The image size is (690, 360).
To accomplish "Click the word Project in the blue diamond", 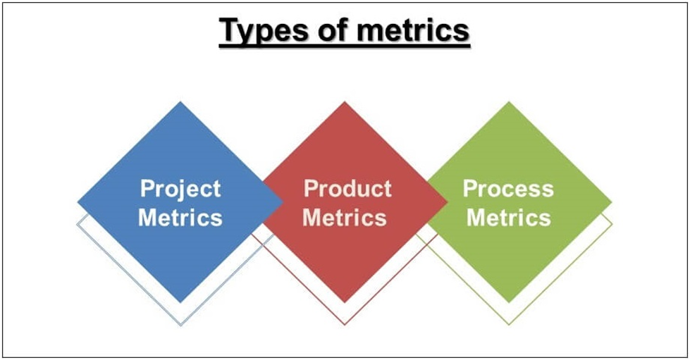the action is [180, 189].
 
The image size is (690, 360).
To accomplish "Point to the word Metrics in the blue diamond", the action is [180, 217].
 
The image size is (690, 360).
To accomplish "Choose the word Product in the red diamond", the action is [347, 189].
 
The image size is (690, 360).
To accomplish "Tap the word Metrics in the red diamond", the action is [345, 217].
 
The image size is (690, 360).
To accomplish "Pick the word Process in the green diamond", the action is [508, 189].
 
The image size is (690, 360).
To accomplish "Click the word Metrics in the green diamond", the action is [508, 217].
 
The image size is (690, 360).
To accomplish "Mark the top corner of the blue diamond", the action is [180, 102].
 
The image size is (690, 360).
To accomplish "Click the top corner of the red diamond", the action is [345, 102].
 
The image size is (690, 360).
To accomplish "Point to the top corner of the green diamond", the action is [509, 102].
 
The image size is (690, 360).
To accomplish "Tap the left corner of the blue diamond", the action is [78, 202].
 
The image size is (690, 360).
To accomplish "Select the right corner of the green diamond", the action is [611, 202].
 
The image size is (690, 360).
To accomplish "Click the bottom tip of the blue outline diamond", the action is [180, 325].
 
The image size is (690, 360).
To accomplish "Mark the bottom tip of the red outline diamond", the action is [345, 325].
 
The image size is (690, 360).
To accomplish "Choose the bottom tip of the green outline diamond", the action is [509, 325].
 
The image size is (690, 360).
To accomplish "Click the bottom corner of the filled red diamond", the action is [345, 302].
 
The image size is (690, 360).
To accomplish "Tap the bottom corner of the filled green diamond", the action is [509, 302].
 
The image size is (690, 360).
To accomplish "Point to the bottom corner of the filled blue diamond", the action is [180, 302].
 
